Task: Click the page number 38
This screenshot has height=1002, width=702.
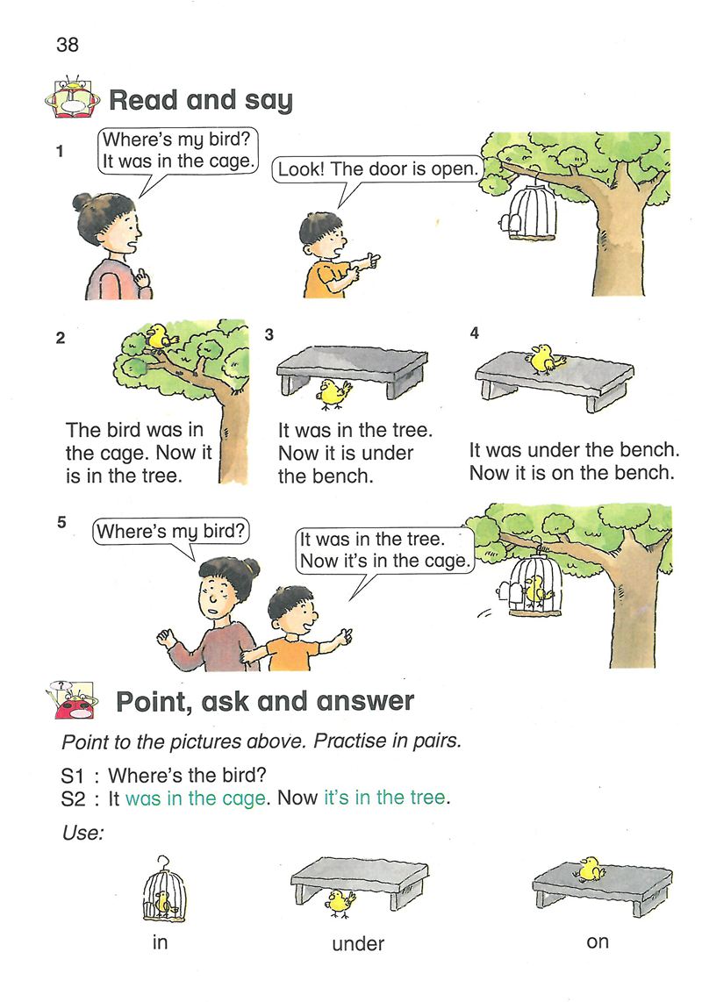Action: pos(68,44)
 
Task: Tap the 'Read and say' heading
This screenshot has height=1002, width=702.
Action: pos(201,100)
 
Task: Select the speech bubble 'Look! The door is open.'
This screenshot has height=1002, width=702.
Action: pos(377,169)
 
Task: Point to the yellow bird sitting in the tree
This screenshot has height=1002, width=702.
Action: pos(160,336)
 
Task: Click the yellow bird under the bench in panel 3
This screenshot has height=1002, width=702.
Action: pos(334,394)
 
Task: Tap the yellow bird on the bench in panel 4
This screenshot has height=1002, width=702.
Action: pos(545,359)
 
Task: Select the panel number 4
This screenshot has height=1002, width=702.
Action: pos(474,333)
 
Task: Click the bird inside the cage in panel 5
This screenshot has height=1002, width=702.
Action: pos(534,591)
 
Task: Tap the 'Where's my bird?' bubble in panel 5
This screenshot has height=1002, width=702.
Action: pos(171,531)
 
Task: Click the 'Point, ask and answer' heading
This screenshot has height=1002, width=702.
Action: pos(265,702)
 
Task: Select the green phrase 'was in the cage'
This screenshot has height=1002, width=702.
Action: pos(196,798)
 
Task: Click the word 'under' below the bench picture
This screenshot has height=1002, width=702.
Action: pos(358,943)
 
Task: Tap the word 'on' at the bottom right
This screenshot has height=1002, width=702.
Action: pos(598,941)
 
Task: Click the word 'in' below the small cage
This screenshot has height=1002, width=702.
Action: pos(160,942)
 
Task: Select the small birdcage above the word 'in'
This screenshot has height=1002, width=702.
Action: pos(164,890)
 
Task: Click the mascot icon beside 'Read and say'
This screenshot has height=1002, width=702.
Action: pos(72,97)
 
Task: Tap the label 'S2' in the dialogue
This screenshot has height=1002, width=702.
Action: pos(73,798)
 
